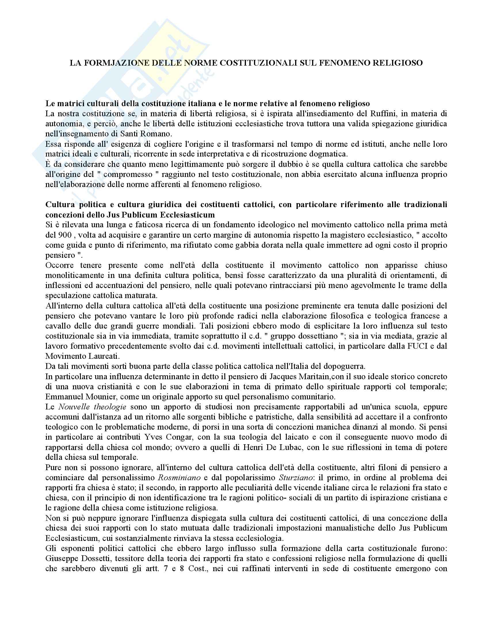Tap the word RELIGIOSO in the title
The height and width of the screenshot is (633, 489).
tap(397, 63)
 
